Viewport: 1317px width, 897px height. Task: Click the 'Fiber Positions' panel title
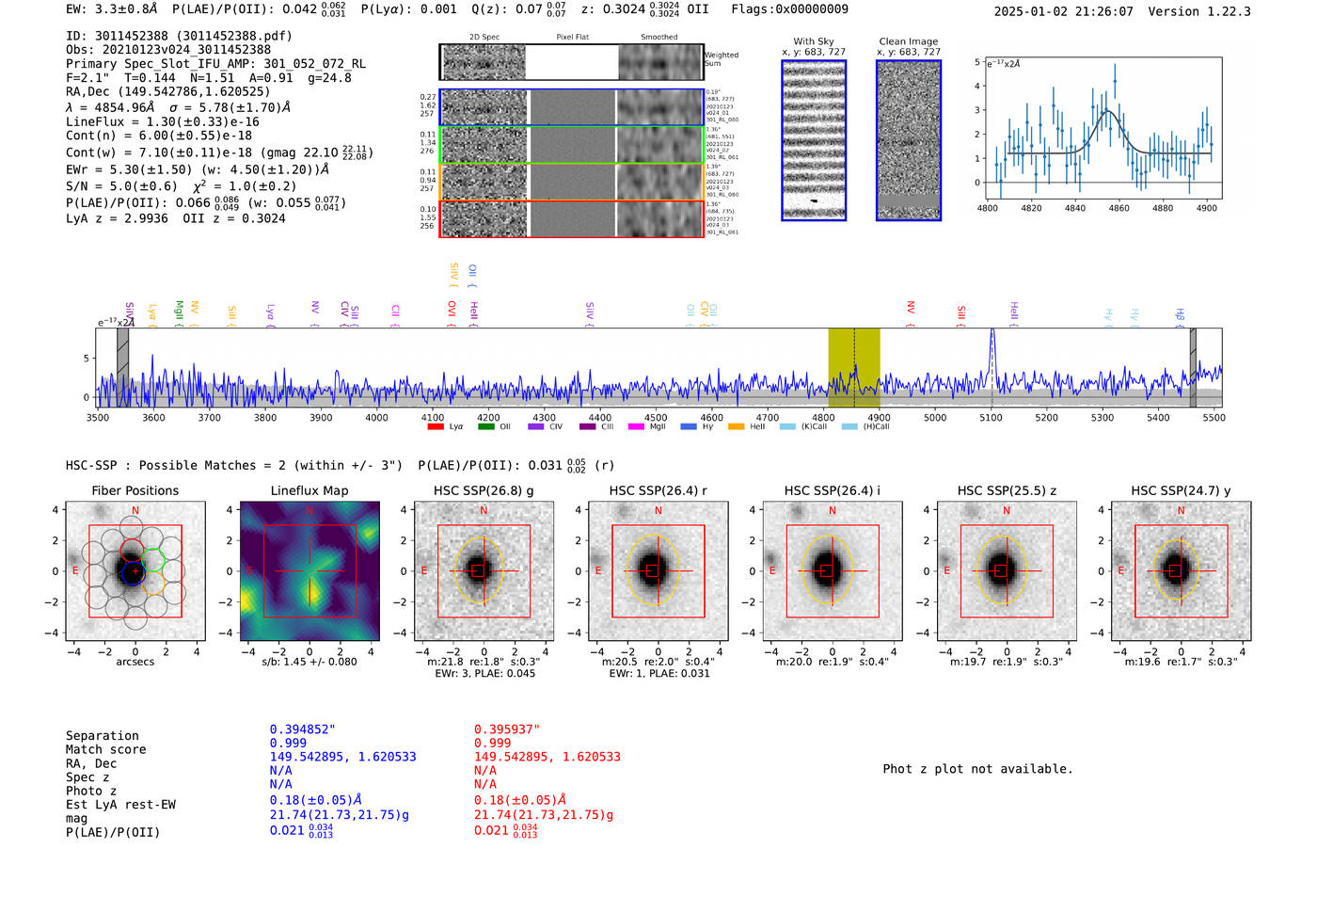point(135,490)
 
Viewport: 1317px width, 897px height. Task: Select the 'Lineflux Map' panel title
point(309,490)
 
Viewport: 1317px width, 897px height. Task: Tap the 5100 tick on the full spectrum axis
point(991,418)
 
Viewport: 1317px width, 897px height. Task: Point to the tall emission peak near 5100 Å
point(992,332)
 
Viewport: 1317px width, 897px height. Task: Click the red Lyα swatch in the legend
point(436,427)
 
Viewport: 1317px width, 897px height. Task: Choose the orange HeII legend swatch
point(736,427)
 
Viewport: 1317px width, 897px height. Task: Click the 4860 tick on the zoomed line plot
point(1119,208)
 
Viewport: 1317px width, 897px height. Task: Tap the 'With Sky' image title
point(814,41)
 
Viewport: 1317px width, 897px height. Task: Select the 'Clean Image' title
point(908,41)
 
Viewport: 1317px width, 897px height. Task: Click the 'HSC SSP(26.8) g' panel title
point(484,490)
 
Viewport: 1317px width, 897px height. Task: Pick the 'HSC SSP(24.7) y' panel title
point(1181,490)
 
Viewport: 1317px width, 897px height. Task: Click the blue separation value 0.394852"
point(302,729)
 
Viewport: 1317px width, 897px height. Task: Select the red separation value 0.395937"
point(506,729)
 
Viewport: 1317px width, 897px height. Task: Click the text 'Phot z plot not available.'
point(977,769)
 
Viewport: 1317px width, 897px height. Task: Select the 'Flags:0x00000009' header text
point(789,8)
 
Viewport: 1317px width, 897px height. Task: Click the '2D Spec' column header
point(484,38)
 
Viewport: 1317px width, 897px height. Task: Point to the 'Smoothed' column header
point(658,38)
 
